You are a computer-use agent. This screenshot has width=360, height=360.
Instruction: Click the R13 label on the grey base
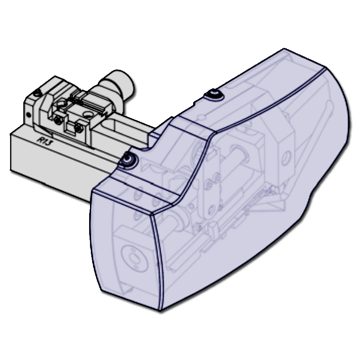(x=45, y=140)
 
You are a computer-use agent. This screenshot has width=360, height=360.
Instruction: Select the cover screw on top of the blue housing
(x=214, y=94)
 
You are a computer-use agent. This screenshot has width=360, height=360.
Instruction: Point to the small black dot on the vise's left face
(x=28, y=115)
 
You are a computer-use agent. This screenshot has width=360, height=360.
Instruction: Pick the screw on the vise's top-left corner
(x=37, y=93)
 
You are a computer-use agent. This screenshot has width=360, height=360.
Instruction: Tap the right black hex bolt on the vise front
(x=79, y=128)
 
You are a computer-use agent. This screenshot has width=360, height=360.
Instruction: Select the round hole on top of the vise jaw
(x=88, y=114)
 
